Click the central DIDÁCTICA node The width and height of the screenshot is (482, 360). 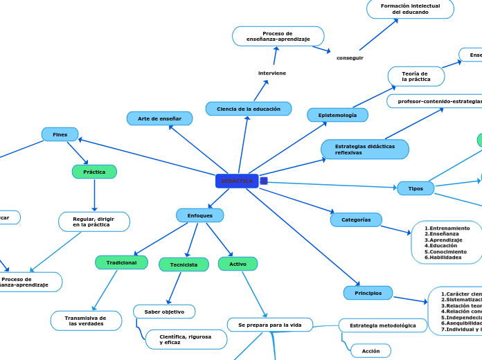coord(237,181)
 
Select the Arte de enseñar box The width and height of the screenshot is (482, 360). coord(159,118)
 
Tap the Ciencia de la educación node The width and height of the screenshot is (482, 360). coord(248,109)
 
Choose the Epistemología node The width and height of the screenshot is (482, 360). coord(337,115)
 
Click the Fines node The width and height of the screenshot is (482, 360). coord(60,134)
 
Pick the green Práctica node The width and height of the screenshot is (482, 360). coord(94,172)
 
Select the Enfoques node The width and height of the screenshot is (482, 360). coord(199,215)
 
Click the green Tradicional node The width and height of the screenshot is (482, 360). coord(121,262)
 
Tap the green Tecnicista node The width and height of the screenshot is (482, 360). coord(184,264)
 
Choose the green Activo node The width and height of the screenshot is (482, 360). coord(238,264)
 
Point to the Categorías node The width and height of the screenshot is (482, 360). coord(356,219)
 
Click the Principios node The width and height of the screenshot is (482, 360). coord(368,293)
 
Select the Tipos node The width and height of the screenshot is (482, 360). coord(416,188)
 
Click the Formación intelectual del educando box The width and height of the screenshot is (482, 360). coord(410,9)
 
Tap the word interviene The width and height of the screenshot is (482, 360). coord(271,73)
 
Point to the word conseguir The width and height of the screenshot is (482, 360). coord(350,57)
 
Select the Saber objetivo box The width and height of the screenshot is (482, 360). coord(164,312)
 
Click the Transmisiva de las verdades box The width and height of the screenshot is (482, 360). coord(86,321)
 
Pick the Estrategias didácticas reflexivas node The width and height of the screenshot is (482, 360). coord(364,149)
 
